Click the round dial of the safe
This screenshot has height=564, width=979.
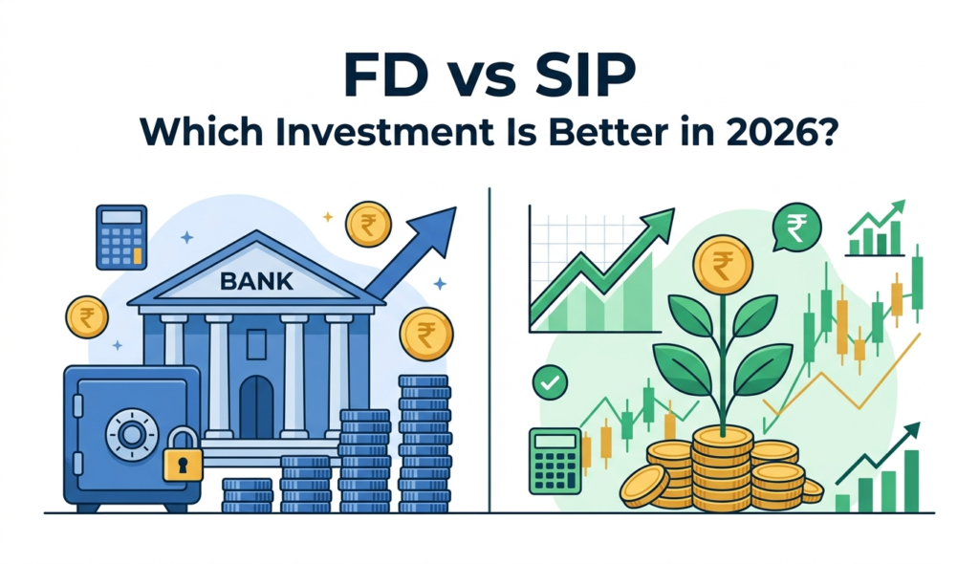pyautogui.click(x=130, y=430)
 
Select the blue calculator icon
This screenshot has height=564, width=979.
pyautogui.click(x=121, y=236)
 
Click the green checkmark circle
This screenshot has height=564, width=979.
pyautogui.click(x=550, y=382)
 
